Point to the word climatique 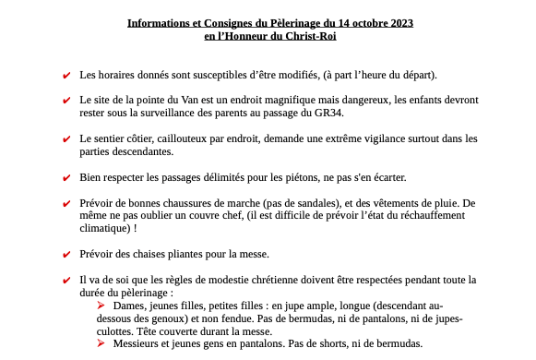[x=104, y=228]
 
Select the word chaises [x=152, y=254]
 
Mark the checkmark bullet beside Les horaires [x=66, y=75]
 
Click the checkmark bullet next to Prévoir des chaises [x=66, y=255]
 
